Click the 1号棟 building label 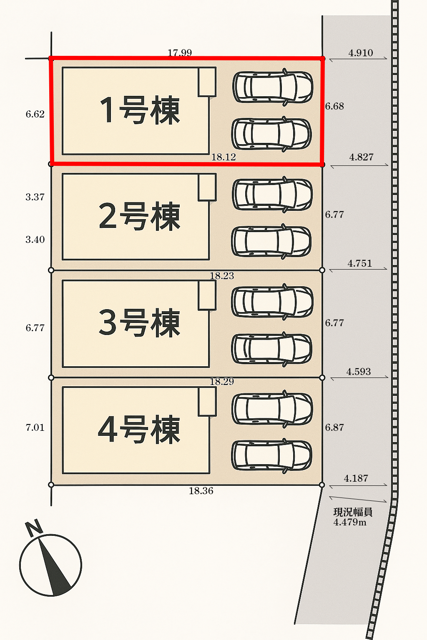140,110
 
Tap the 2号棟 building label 140,216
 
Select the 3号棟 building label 140,323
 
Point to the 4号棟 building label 140,430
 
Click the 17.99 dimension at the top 180,53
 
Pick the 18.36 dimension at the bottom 201,491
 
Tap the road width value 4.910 361,53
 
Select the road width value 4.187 356,478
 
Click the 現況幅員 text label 353,512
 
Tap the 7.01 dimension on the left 35,427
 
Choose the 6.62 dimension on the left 35,114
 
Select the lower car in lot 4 272,455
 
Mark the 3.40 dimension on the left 35,240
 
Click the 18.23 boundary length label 222,276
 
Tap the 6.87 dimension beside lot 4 334,427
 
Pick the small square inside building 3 207,295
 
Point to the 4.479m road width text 350,522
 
